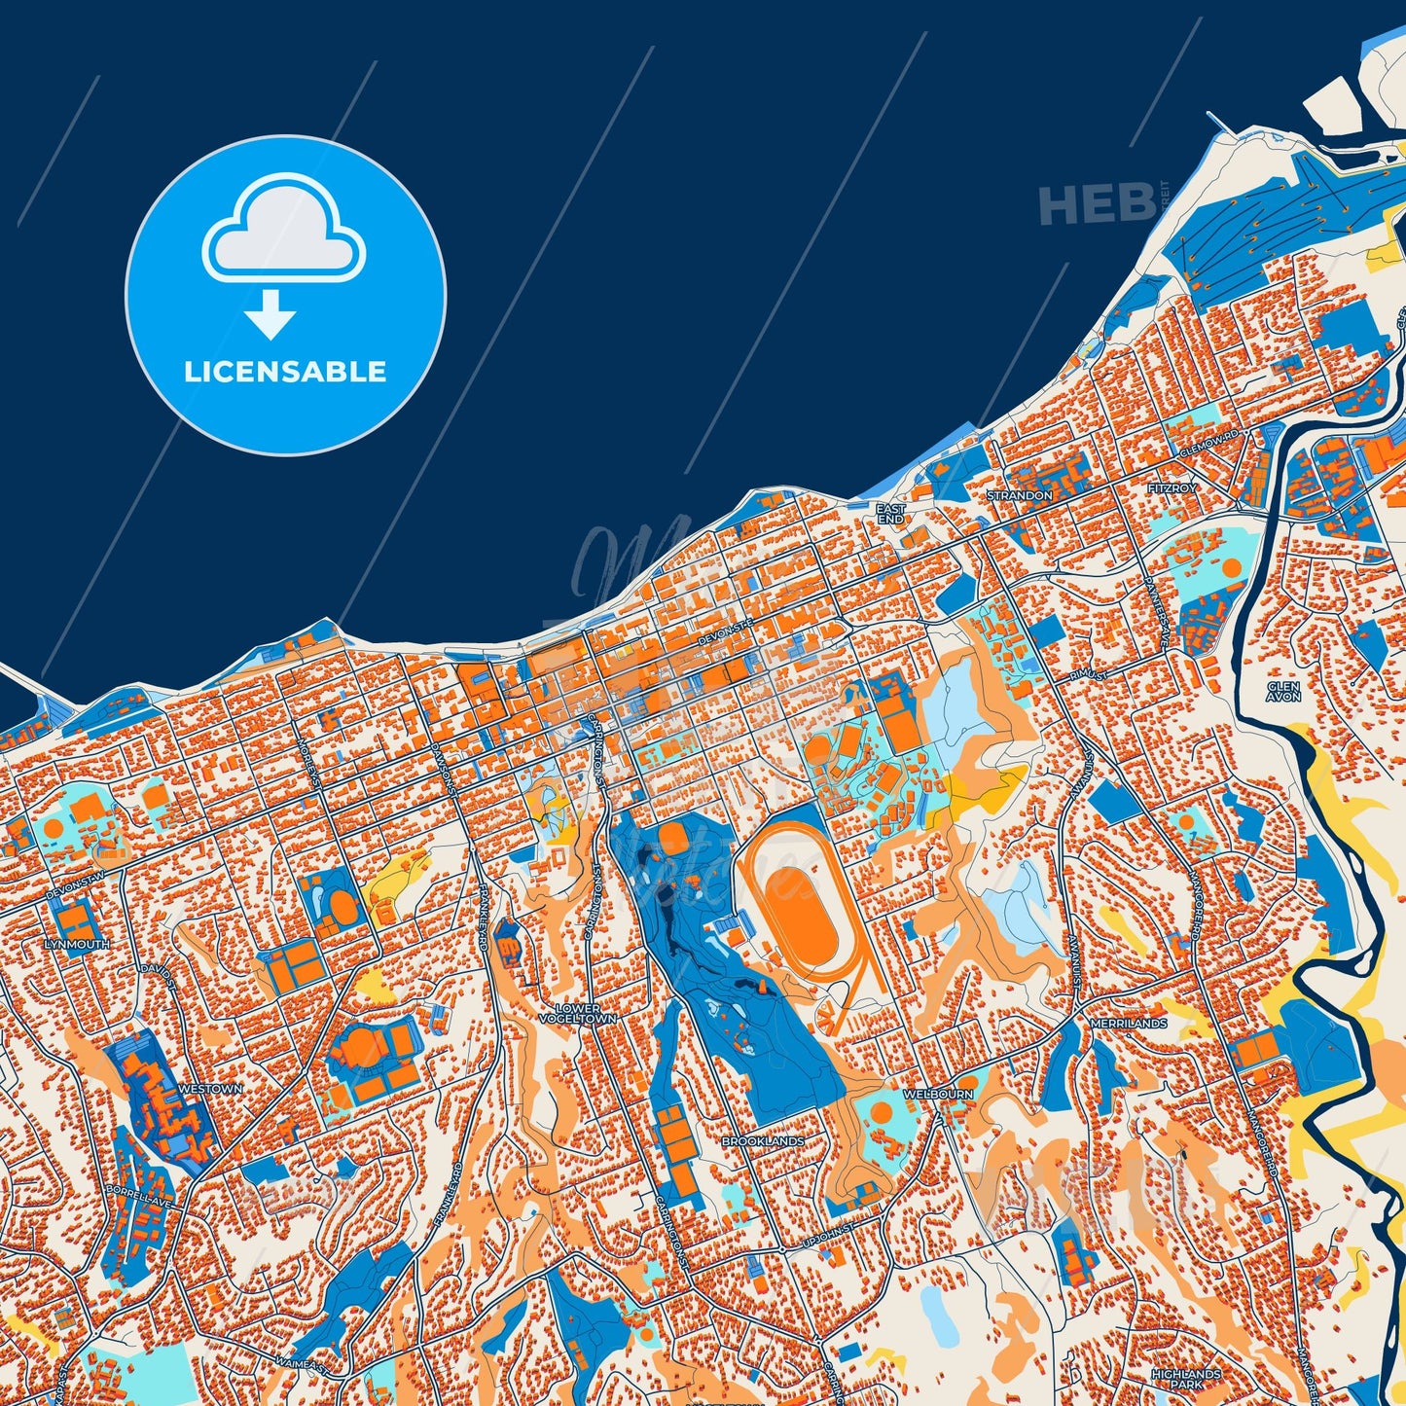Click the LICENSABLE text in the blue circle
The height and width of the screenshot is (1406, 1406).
[x=285, y=372]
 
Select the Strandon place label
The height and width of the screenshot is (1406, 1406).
[x=1019, y=495]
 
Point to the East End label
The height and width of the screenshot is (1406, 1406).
[x=890, y=514]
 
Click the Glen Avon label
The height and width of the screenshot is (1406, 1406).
[x=1283, y=691]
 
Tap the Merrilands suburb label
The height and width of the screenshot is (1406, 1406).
[x=1129, y=1024]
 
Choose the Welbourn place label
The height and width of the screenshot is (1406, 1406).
[x=938, y=1095]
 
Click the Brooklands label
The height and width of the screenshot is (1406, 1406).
[x=763, y=1140]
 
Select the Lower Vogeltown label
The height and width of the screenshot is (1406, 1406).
[x=578, y=1013]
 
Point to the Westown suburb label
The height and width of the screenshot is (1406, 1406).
[x=211, y=1089]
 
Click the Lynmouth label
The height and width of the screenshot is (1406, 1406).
[x=76, y=944]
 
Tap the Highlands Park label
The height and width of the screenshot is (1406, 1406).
[x=1185, y=1378]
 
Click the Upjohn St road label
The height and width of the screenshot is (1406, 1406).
[x=827, y=1234]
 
